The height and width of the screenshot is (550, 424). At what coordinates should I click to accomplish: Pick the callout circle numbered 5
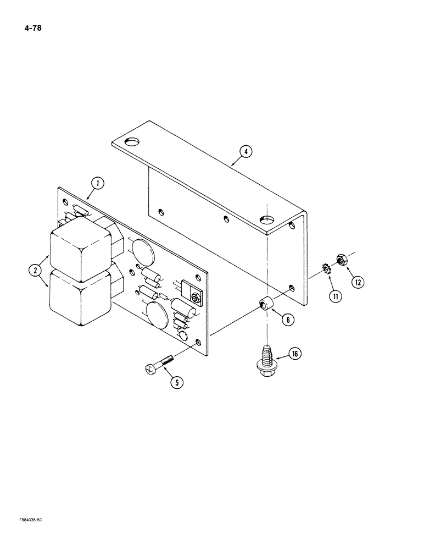[x=176, y=383]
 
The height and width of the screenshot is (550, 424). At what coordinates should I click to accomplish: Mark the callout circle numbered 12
[x=358, y=282]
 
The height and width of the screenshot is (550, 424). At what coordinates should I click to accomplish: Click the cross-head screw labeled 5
[x=159, y=364]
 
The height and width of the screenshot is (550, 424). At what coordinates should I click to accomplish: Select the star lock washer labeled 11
[x=327, y=270]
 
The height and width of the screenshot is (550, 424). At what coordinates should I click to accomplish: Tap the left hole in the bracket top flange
[x=132, y=142]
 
